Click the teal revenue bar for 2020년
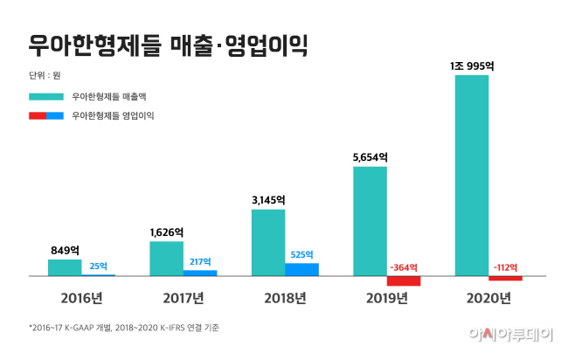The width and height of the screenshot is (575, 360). click(472, 175)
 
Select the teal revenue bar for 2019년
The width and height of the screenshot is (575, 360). click(370, 220)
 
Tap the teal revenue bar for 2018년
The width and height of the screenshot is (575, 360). click(268, 242)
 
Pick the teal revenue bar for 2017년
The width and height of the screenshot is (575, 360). click(166, 258)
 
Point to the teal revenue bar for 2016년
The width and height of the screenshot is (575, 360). click(65, 267)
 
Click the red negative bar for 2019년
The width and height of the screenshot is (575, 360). click(404, 280)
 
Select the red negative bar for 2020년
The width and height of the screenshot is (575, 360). click(505, 278)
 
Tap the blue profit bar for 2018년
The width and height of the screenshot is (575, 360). click(302, 269)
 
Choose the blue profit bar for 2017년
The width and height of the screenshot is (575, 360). click(200, 273)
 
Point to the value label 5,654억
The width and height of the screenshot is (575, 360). click(370, 157)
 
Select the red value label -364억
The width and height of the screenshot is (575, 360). click(403, 267)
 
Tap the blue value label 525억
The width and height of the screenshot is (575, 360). click(301, 255)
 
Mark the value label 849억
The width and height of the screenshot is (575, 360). click(65, 250)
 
